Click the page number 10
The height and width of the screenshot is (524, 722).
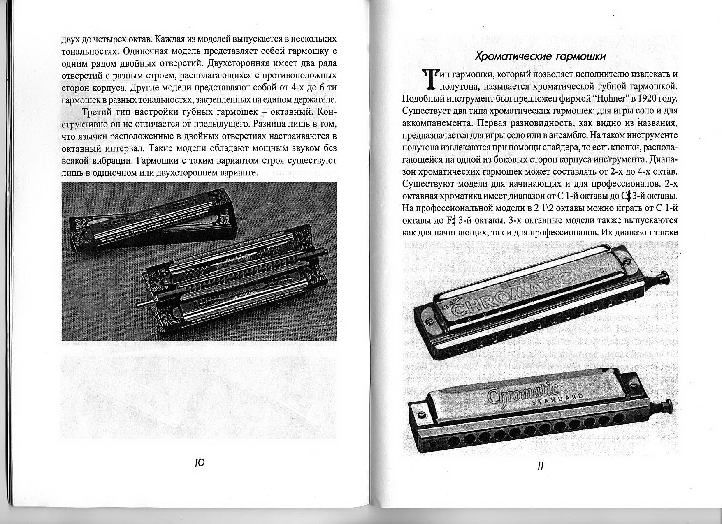pyautogui.click(x=199, y=463)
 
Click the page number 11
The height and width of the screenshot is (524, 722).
pyautogui.click(x=541, y=466)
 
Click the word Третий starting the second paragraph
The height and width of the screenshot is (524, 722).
pyautogui.click(x=97, y=112)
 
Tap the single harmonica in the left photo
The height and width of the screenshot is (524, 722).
pyautogui.click(x=152, y=222)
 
